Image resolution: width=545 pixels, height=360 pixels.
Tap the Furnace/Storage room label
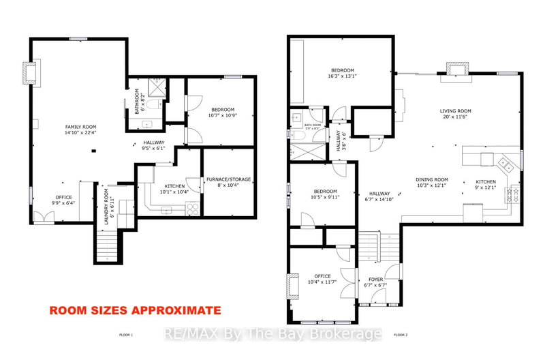pyautogui.click(x=228, y=179)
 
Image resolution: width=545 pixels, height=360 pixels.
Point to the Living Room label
pyautogui.click(x=454, y=110)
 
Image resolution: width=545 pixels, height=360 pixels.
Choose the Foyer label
pyautogui.click(x=375, y=280)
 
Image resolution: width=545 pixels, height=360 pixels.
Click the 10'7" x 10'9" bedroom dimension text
pyautogui.click(x=223, y=117)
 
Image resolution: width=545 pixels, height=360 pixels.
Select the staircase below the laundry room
pyautogui.click(x=108, y=245)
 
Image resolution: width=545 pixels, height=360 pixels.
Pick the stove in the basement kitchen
pyautogui.click(x=192, y=209)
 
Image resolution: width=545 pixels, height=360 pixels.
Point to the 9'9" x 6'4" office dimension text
pyautogui.click(x=63, y=202)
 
